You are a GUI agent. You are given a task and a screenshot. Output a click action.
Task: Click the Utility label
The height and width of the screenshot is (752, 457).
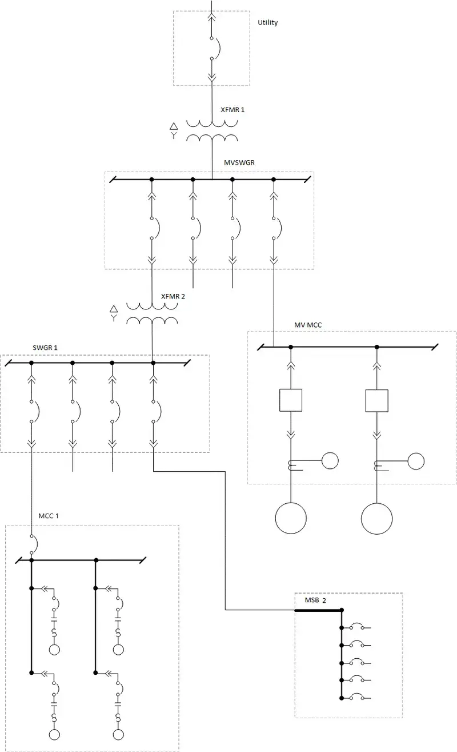268,23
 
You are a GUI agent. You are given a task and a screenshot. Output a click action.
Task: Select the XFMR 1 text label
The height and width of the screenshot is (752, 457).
232,109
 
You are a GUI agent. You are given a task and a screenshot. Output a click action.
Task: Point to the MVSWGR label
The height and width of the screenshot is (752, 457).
239,162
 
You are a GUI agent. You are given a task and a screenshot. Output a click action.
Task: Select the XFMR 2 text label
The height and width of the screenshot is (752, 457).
173,296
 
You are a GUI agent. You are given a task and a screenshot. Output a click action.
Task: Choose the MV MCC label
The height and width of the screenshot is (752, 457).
308,325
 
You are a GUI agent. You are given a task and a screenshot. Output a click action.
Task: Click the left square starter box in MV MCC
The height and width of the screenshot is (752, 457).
290,400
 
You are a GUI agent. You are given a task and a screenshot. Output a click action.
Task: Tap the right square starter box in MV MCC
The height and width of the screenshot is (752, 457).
377,400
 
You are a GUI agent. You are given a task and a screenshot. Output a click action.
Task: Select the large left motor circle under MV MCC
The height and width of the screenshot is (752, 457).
291,518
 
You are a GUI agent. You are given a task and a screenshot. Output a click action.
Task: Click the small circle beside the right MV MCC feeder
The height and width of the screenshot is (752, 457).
416,460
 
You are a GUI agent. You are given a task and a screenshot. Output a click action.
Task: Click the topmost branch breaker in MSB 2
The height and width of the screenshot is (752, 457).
358,626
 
